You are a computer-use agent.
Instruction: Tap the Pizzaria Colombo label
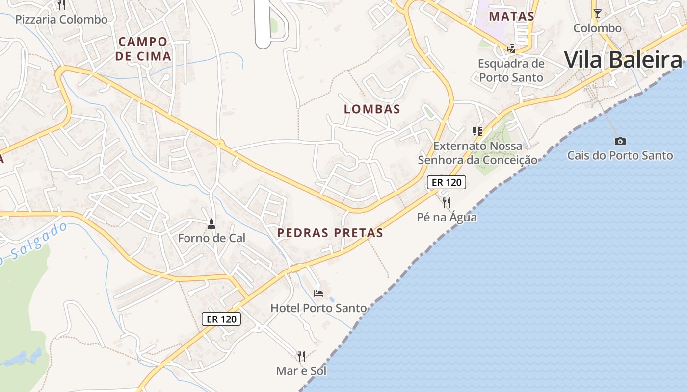coord(61,20)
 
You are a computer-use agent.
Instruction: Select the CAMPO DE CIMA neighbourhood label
coord(143,49)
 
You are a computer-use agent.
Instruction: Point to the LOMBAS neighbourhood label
coord(372,109)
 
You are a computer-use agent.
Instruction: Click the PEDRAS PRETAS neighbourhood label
coord(330,233)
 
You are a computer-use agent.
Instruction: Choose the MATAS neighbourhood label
coord(512,16)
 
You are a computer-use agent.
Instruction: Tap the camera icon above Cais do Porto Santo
coord(620,141)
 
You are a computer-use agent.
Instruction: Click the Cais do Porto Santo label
coord(620,156)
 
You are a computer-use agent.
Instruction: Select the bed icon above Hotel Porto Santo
coord(318,294)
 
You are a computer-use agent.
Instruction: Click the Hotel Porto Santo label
coord(318,308)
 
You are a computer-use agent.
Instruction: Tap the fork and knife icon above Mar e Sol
coord(301,356)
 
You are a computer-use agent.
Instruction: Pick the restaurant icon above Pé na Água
coord(447,202)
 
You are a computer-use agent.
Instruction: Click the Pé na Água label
coord(447,217)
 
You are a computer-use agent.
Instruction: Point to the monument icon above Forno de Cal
coord(211,224)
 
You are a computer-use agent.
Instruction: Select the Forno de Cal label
coord(211,238)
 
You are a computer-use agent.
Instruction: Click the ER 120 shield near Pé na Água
coord(446,182)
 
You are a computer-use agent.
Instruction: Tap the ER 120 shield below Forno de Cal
coord(221,319)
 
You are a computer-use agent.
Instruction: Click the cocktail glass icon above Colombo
coord(597,13)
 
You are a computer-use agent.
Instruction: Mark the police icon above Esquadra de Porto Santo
coord(511,49)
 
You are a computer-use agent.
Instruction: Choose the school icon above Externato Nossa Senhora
coord(477,131)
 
